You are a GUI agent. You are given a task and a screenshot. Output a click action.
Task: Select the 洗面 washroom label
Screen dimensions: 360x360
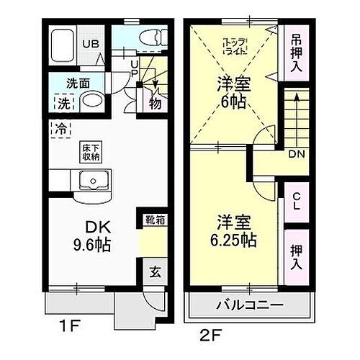click(x=79, y=82)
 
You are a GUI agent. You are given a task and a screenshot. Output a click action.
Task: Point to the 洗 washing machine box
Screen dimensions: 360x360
click(x=63, y=103)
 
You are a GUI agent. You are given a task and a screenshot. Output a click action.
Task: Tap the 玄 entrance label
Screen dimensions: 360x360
click(x=154, y=271)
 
